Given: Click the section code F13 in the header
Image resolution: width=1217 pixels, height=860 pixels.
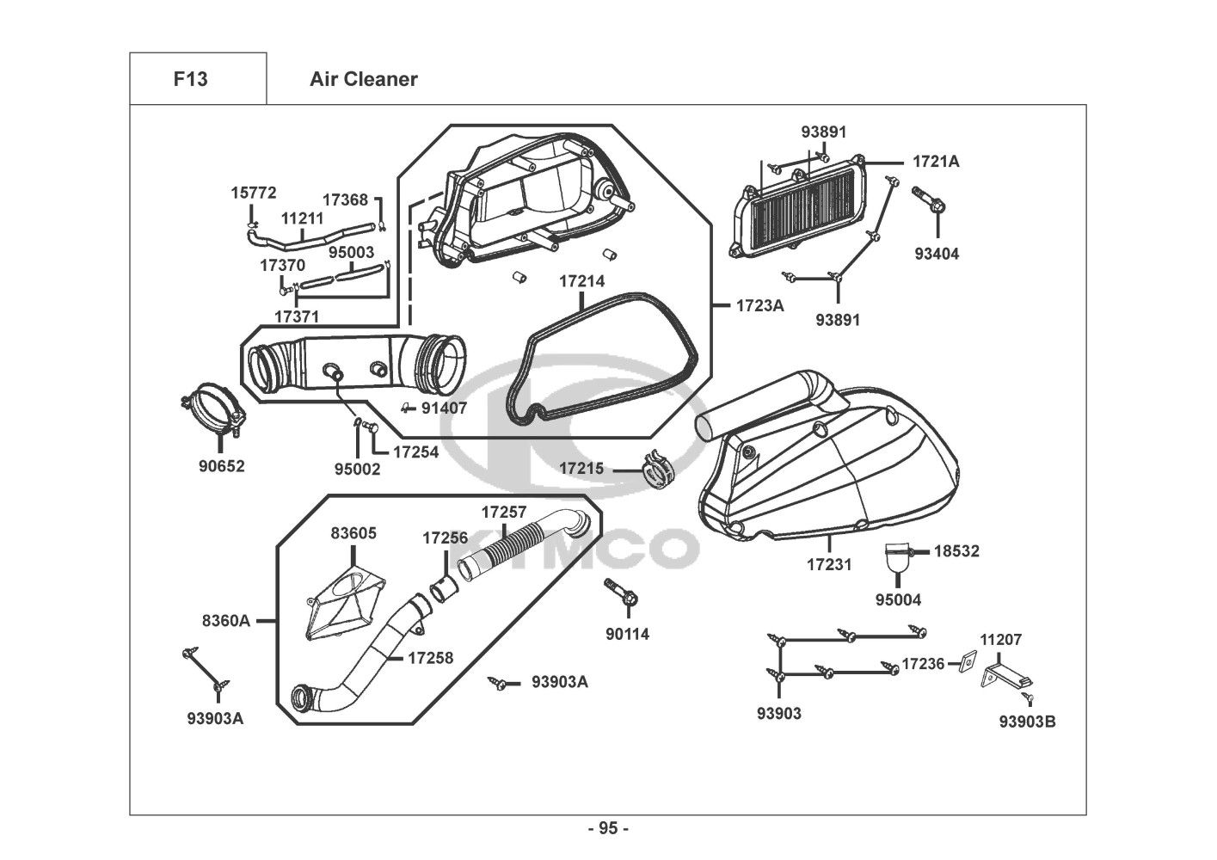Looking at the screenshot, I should tap(190, 79).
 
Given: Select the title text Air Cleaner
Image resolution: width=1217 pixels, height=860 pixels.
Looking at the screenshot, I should tap(363, 79).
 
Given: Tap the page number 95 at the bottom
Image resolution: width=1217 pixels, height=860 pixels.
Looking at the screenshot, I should tap(608, 828).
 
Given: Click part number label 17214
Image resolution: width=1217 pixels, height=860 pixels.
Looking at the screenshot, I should tap(581, 281).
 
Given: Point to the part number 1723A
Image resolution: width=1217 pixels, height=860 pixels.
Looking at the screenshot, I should tap(759, 304).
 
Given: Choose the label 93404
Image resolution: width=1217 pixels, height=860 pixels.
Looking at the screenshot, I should tap(937, 254).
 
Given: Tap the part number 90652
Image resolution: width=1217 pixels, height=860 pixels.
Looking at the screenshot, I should tap(221, 467).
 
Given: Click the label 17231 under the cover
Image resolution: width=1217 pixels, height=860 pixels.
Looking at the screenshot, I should tap(829, 565).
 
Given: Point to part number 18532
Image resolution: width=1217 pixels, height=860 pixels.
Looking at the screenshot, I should tap(956, 551).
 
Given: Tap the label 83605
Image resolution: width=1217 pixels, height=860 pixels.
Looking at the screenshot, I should tap(353, 533).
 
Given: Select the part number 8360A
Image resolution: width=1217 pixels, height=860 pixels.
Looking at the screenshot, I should tap(226, 620).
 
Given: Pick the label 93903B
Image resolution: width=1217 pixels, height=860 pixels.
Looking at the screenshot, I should tap(1027, 722).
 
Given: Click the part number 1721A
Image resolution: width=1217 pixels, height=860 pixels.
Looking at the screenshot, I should tap(936, 161).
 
